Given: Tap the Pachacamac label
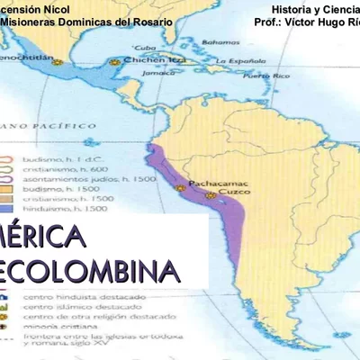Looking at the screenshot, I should point(217,184).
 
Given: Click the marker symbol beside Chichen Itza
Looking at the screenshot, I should point(115,62).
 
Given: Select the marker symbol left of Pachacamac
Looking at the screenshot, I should point(181,187).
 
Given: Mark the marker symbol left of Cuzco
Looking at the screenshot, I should point(210,194).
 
